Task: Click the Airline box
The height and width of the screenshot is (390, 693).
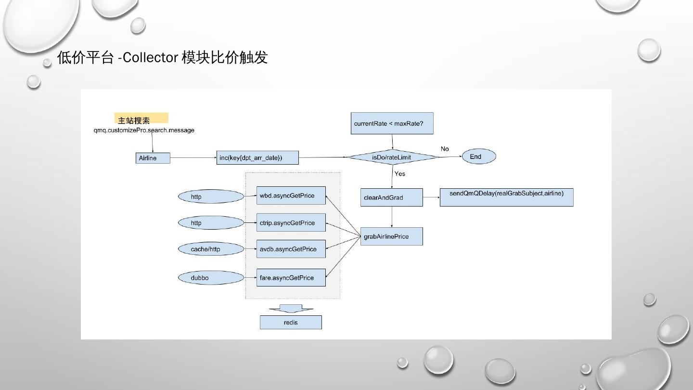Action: (153, 158)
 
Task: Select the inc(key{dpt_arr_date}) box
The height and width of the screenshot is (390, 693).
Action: (257, 157)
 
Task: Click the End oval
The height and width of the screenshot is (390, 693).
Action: (478, 156)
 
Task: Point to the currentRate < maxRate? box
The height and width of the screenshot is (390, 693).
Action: (392, 123)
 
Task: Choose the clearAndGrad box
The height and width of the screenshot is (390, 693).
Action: (391, 197)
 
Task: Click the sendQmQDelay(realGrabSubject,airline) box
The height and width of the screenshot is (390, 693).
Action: (506, 197)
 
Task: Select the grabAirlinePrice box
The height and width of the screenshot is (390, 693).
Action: (391, 236)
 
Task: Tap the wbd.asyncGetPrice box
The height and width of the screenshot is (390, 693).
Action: (291, 195)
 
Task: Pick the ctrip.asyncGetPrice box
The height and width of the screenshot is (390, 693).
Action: (291, 222)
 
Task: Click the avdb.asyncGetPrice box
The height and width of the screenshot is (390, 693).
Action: (291, 249)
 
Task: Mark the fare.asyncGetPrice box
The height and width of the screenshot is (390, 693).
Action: (291, 277)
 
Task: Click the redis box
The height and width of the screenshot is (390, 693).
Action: (291, 322)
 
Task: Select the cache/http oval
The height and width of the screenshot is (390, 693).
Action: (211, 249)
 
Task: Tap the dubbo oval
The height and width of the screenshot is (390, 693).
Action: (211, 278)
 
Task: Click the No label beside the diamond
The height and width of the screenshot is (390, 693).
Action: (445, 149)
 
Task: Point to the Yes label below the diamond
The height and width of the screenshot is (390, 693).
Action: (400, 174)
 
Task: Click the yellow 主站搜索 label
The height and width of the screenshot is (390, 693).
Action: (141, 118)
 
